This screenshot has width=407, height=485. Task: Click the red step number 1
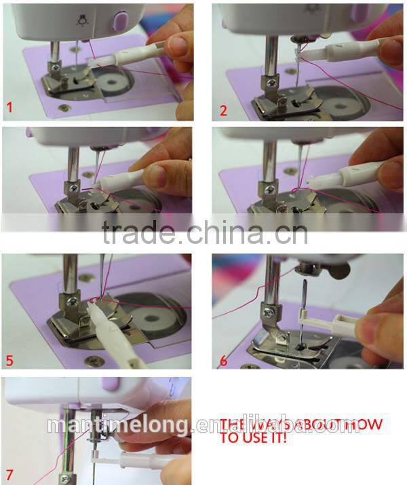(9, 107)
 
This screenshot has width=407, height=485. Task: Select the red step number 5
(9, 359)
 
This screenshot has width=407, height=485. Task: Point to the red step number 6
(223, 361)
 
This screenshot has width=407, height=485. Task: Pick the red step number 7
(9, 470)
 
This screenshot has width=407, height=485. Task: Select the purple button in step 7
(109, 385)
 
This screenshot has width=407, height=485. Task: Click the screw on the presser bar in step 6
(269, 312)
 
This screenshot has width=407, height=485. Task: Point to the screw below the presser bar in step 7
(65, 480)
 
